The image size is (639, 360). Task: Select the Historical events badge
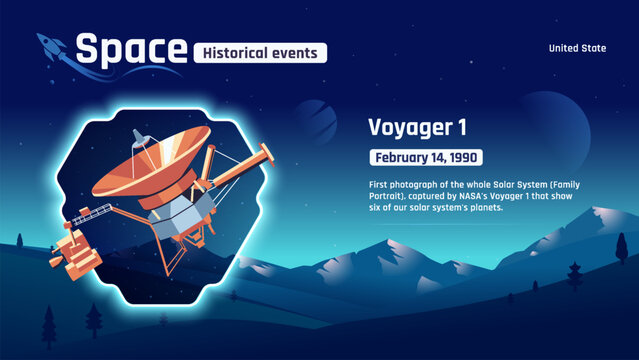click(260, 52)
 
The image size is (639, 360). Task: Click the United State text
click(579, 48)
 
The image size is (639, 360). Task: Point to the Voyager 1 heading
click(417, 128)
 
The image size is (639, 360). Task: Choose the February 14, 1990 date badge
click(426, 157)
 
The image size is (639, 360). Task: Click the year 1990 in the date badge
click(461, 157)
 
